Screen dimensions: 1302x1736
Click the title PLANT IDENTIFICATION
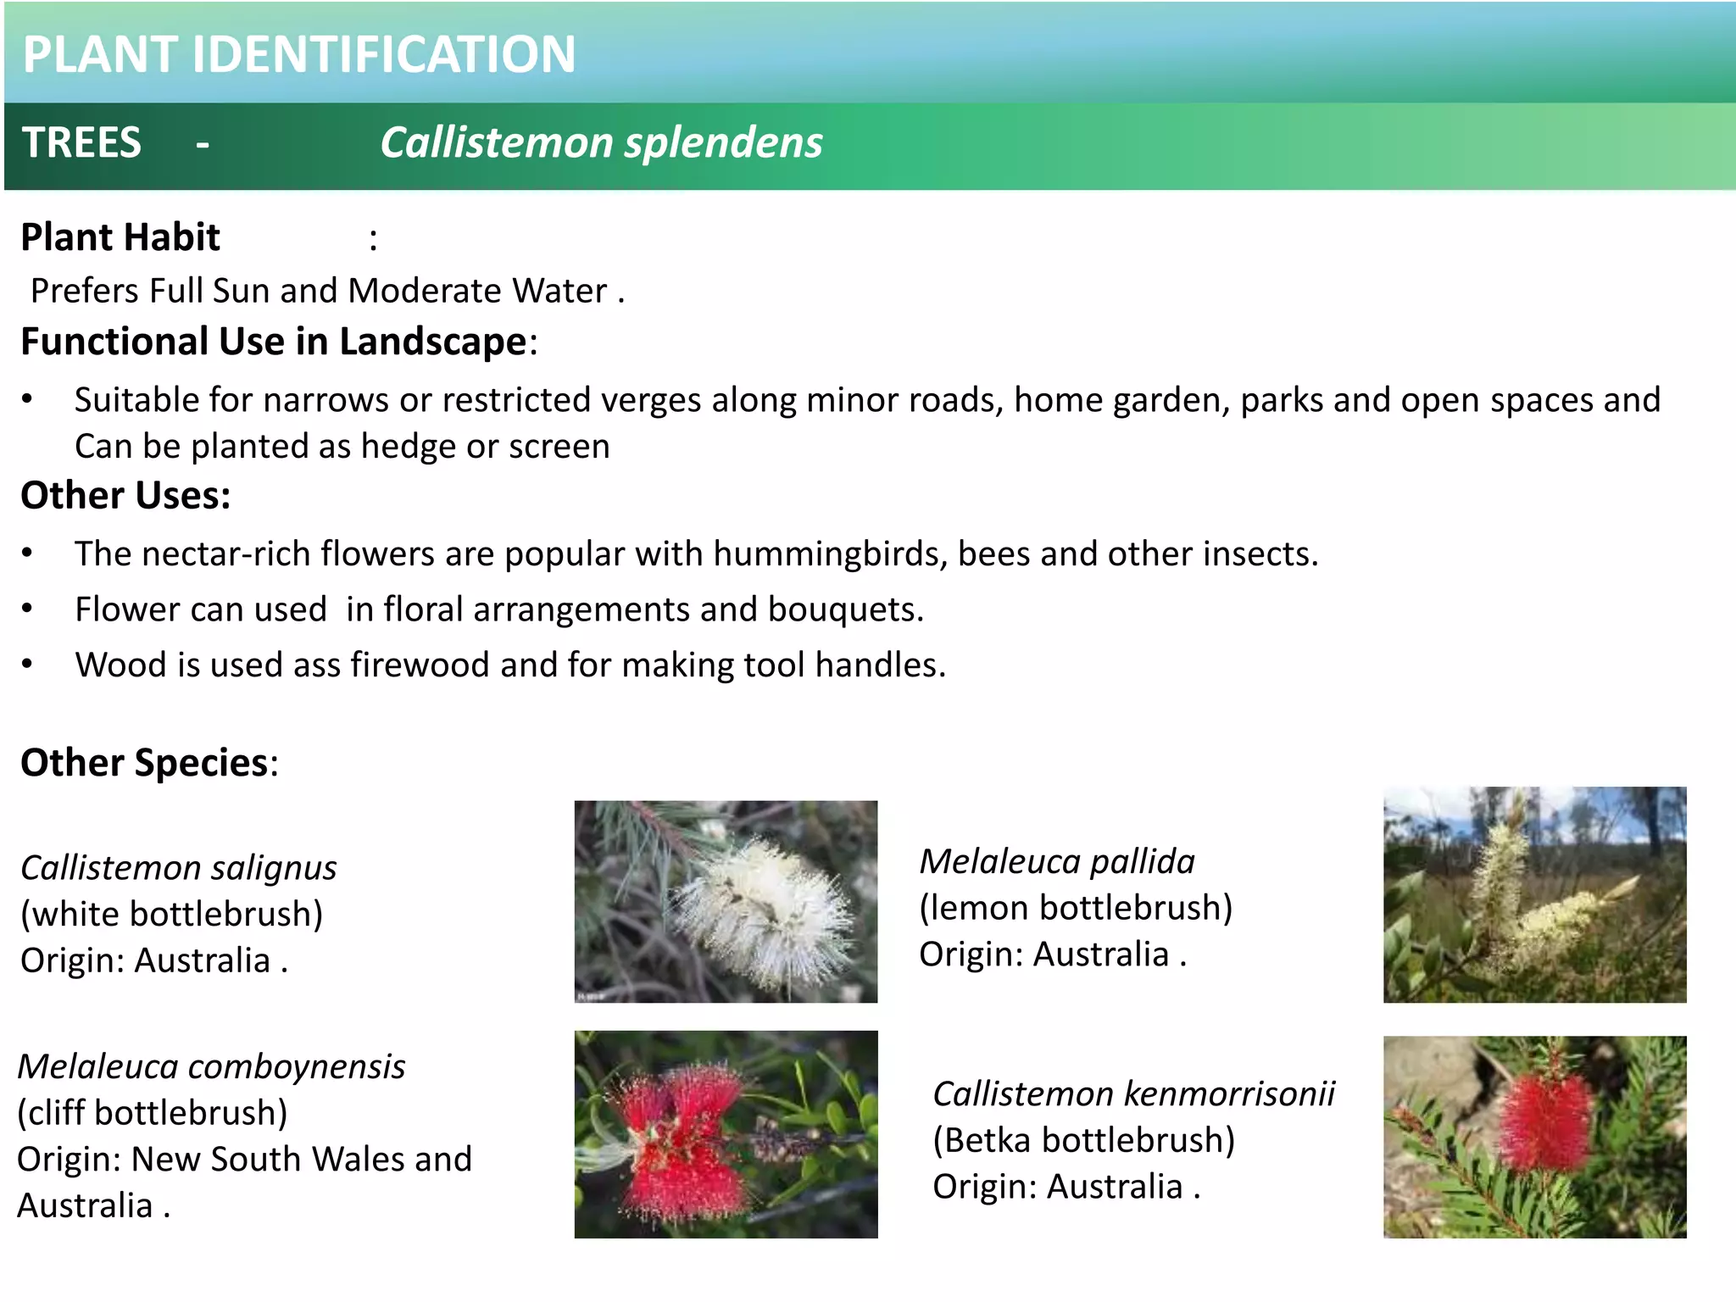pyautogui.click(x=298, y=54)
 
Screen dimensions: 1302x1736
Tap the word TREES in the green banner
pyautogui.click(x=81, y=142)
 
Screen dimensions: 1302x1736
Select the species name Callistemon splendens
pyautogui.click(x=601, y=142)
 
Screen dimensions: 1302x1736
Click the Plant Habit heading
pyautogui.click(x=120, y=237)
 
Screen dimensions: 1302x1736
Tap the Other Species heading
pyautogui.click(x=144, y=763)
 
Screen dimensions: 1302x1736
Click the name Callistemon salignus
pyautogui.click(x=178, y=868)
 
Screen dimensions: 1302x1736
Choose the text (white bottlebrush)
pyautogui.click(x=171, y=915)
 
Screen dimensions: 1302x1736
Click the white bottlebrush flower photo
pyautogui.click(x=726, y=902)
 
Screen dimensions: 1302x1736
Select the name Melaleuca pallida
pyautogui.click(x=1057, y=862)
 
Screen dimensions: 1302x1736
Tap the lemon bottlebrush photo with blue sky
pyautogui.click(x=1534, y=895)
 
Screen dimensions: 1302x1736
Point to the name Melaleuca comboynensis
pyautogui.click(x=211, y=1067)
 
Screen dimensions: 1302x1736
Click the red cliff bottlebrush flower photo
pyautogui.click(x=726, y=1134)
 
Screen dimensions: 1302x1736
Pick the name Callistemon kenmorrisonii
pyautogui.click(x=1133, y=1094)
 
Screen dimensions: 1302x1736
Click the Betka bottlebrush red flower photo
pyautogui.click(x=1534, y=1137)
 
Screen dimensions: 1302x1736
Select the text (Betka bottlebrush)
pyautogui.click(x=1083, y=1141)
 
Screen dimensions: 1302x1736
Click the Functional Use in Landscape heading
pyautogui.click(x=274, y=342)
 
